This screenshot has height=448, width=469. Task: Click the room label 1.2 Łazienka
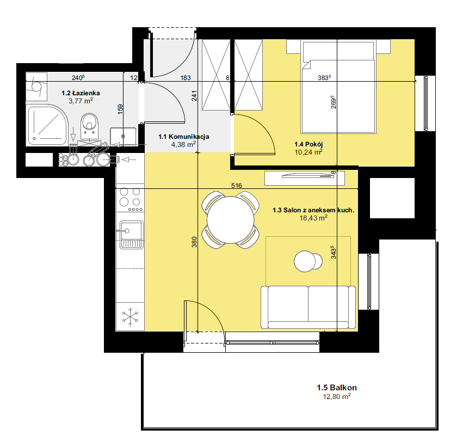tap(81, 93)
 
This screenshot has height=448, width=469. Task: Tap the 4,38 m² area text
tap(183, 145)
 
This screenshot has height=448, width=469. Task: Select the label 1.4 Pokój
tap(308, 144)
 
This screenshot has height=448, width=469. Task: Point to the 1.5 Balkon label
tap(337, 388)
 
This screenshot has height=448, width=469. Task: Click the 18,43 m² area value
tap(313, 218)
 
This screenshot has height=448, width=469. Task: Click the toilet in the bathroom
tap(89, 126)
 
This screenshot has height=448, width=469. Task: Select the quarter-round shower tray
tap(47, 125)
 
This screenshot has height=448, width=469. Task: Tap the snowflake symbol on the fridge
tap(130, 317)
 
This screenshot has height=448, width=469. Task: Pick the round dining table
tap(230, 220)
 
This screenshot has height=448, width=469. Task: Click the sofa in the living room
tap(308, 307)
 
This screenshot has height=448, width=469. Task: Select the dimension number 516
tap(236, 186)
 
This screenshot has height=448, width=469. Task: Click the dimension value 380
tap(194, 242)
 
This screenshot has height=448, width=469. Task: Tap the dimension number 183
tap(186, 78)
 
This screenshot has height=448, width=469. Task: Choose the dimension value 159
tap(120, 109)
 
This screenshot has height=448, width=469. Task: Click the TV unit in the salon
tap(305, 178)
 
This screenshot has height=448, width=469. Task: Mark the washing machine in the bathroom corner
tap(36, 87)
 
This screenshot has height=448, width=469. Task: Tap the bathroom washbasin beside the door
tap(123, 137)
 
